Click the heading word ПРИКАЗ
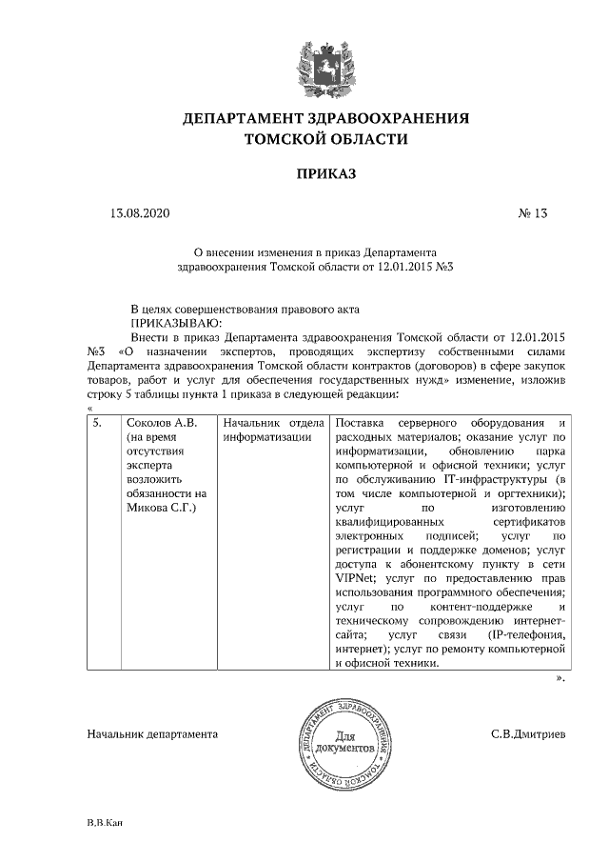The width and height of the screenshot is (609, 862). (326, 175)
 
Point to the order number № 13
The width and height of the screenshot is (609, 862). (533, 214)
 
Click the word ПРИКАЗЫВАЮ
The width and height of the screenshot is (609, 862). (173, 322)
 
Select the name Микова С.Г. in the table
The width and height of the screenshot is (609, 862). (161, 508)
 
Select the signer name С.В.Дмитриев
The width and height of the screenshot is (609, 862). (528, 735)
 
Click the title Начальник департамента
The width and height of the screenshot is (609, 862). (152, 735)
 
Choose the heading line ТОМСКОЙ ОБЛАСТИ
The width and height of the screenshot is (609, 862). (326, 139)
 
